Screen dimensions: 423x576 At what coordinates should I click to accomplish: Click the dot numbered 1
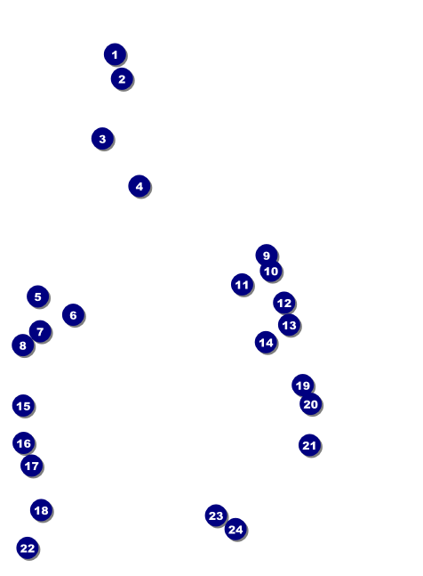(x=116, y=54)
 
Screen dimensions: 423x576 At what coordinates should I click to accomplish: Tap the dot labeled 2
(x=122, y=79)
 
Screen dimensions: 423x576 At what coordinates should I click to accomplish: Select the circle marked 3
(x=102, y=139)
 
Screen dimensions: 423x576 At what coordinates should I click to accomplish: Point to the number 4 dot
(x=140, y=186)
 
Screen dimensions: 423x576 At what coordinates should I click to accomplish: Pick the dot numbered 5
(x=38, y=296)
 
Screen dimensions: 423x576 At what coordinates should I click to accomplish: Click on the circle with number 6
(x=73, y=315)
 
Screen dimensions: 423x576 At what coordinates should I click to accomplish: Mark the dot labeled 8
(x=23, y=345)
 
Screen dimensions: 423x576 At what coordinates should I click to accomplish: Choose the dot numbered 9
(x=267, y=255)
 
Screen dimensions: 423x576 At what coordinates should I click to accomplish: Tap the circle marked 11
(x=243, y=285)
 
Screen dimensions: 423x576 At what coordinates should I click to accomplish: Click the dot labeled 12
(x=284, y=303)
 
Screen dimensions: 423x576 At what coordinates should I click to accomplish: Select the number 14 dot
(x=266, y=343)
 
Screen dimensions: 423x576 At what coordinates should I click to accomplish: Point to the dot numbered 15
(x=23, y=406)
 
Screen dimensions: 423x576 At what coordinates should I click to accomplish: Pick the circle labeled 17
(x=32, y=466)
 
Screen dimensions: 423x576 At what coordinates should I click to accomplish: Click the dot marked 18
(x=42, y=510)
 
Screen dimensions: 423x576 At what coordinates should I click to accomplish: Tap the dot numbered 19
(x=303, y=385)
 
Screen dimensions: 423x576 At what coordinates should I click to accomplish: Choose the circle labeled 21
(x=310, y=445)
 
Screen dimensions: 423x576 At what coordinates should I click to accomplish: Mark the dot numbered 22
(x=28, y=548)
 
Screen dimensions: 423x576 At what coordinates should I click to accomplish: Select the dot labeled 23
(x=216, y=515)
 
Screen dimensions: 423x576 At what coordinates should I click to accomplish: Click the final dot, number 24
(x=235, y=530)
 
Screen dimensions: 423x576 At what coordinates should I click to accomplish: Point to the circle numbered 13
(x=289, y=325)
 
